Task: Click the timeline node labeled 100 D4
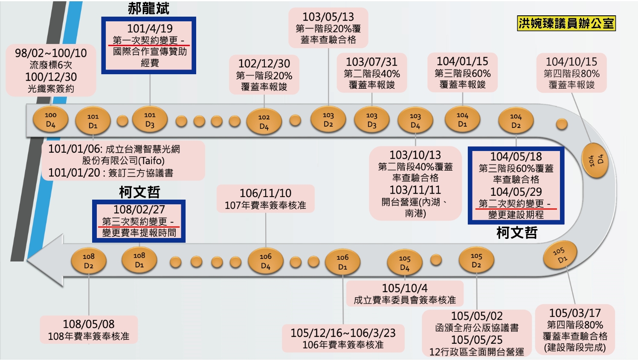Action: (50, 120)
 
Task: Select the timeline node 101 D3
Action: (150, 120)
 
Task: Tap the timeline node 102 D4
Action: (264, 122)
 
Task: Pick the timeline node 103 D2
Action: (328, 120)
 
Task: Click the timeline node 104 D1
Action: (462, 120)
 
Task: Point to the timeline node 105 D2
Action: (476, 261)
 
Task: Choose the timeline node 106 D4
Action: (265, 261)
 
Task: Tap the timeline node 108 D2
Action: (88, 261)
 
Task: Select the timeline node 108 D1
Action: (139, 260)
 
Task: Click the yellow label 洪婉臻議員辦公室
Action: (566, 23)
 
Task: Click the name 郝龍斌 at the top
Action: (148, 9)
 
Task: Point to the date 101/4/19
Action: (150, 29)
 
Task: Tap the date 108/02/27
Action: (139, 210)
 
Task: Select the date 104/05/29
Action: (516, 192)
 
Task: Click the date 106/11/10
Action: (265, 193)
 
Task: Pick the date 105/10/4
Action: (405, 288)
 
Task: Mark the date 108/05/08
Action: (89, 324)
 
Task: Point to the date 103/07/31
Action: (371, 62)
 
